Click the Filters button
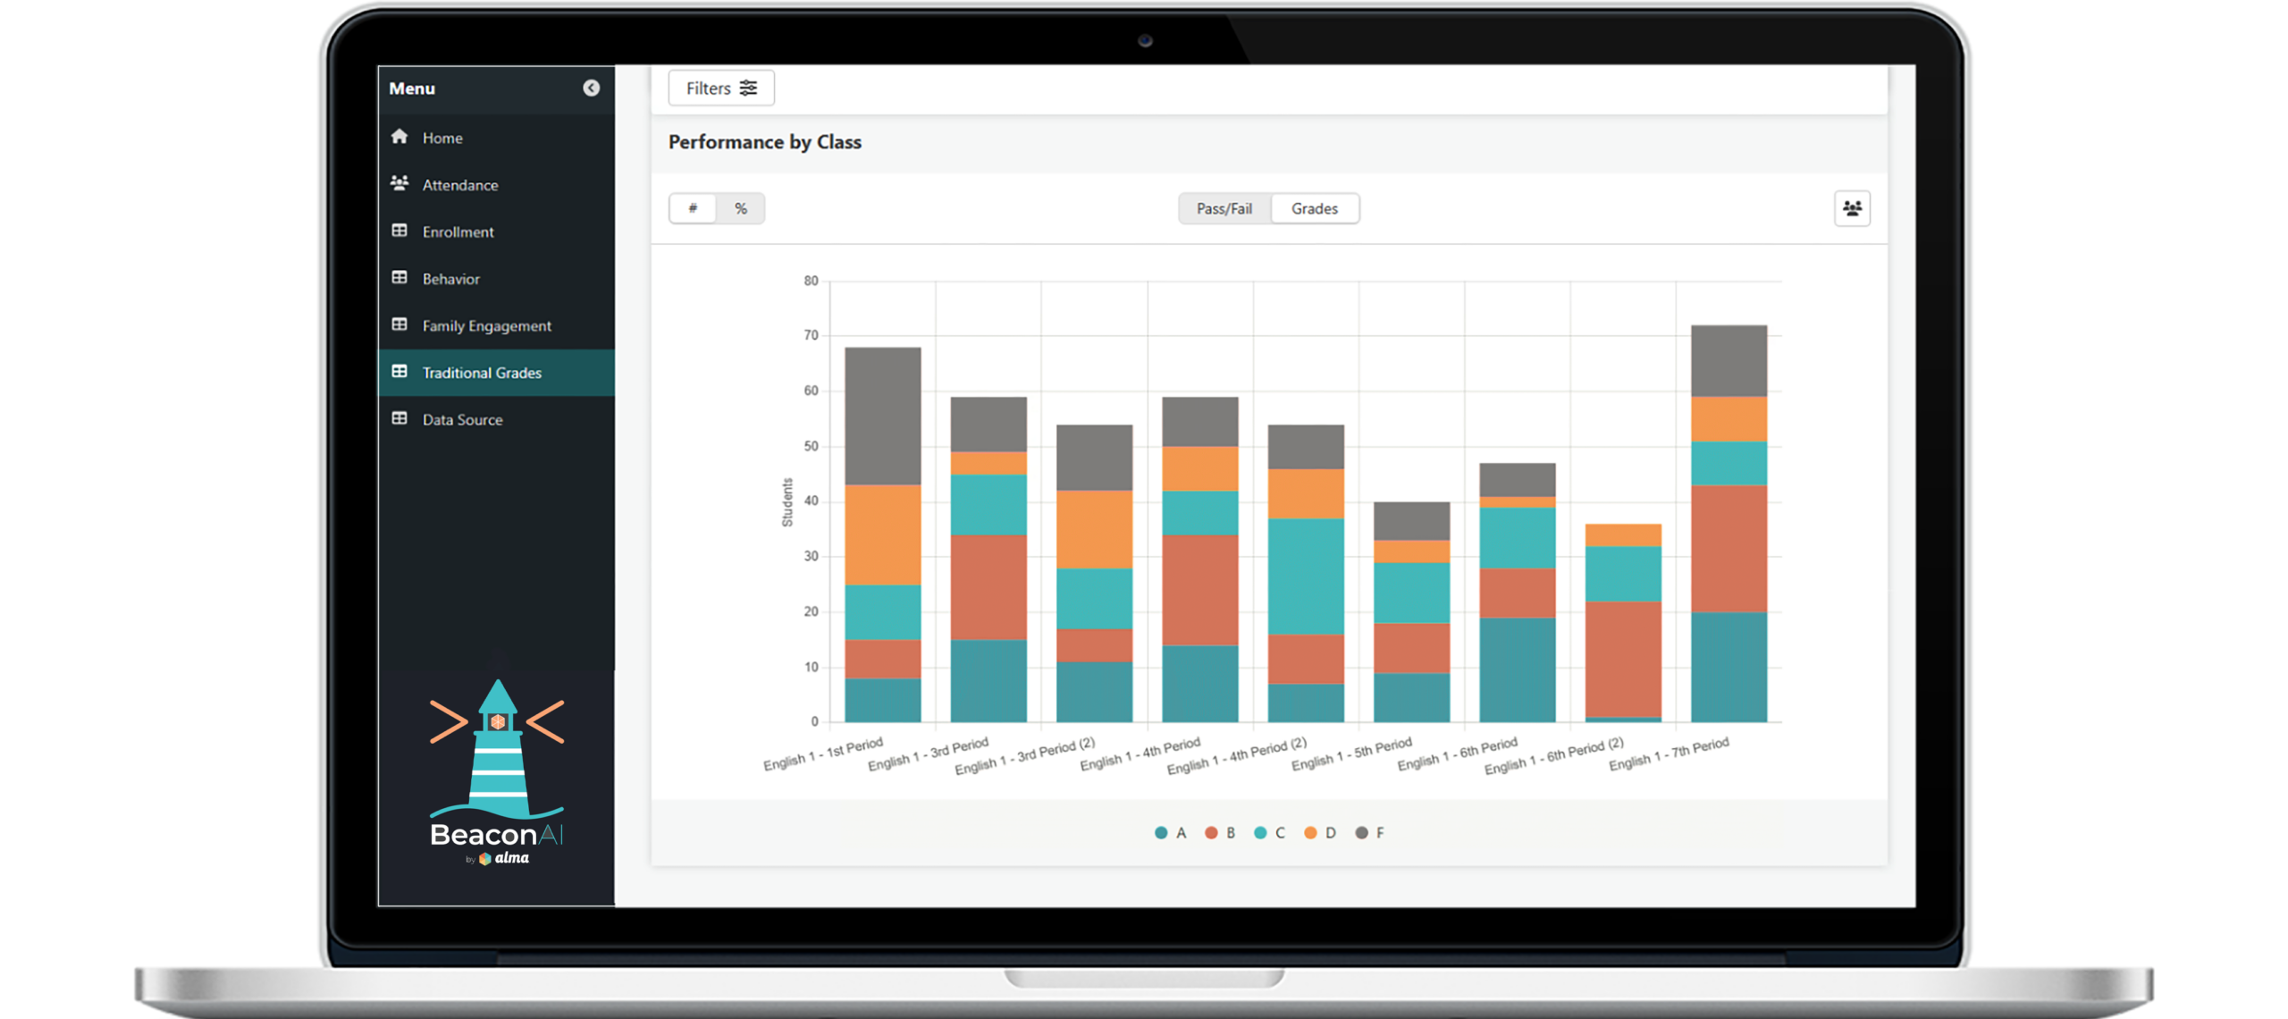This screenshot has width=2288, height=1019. [x=720, y=88]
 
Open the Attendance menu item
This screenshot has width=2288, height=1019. [x=459, y=185]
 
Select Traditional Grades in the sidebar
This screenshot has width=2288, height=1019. [x=481, y=373]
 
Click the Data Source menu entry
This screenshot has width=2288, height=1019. [x=461, y=420]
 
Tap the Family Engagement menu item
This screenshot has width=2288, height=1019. [x=486, y=326]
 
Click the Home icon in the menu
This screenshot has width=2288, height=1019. [x=400, y=137]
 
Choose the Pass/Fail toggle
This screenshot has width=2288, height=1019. [x=1224, y=209]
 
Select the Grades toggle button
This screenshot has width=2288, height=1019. [x=1314, y=209]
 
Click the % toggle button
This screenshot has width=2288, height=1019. [x=740, y=209]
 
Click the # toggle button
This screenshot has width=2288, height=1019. [x=693, y=209]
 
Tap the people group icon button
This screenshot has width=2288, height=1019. [x=1852, y=209]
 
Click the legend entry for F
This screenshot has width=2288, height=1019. [x=1369, y=833]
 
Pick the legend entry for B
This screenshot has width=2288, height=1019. [x=1220, y=833]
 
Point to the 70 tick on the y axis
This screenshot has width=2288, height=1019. [x=811, y=336]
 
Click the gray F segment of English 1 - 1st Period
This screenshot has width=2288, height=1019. [x=882, y=416]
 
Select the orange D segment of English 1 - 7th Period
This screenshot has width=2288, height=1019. [x=1729, y=419]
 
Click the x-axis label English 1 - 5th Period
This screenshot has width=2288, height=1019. [x=1351, y=754]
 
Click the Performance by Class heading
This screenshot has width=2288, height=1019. [x=764, y=142]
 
